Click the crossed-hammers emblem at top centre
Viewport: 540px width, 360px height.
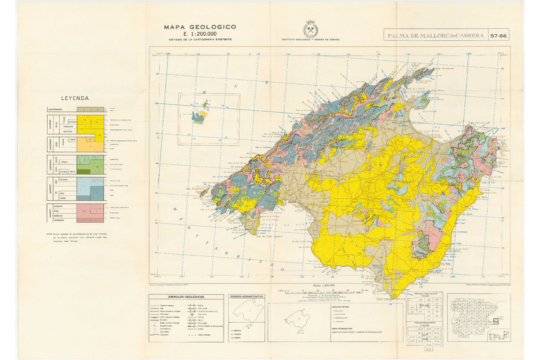pyautogui.click(x=310, y=29)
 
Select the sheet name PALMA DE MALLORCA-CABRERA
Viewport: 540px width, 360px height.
pyautogui.click(x=435, y=36)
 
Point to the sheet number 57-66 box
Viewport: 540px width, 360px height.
pyautogui.click(x=499, y=36)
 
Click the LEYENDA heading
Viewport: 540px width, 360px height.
pyautogui.click(x=75, y=99)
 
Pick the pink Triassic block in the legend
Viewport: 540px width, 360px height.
pyautogui.click(x=90, y=210)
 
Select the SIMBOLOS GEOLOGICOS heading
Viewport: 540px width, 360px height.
pyautogui.click(x=186, y=296)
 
